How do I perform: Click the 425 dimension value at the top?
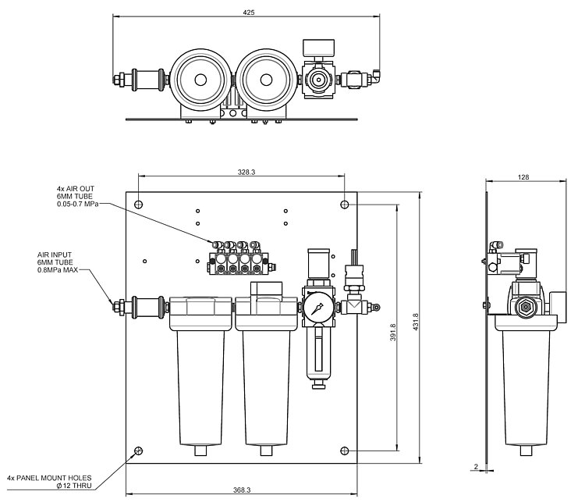coord(249,12)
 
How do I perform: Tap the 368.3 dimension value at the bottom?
coord(241,490)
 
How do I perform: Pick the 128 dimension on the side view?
coord(523,177)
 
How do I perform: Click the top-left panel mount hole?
coord(139,204)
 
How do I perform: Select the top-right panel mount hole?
coord(346,204)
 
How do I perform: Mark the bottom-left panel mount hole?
coord(139,451)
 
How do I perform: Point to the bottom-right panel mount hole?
coord(346,451)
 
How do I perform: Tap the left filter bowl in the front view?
coord(200,375)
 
